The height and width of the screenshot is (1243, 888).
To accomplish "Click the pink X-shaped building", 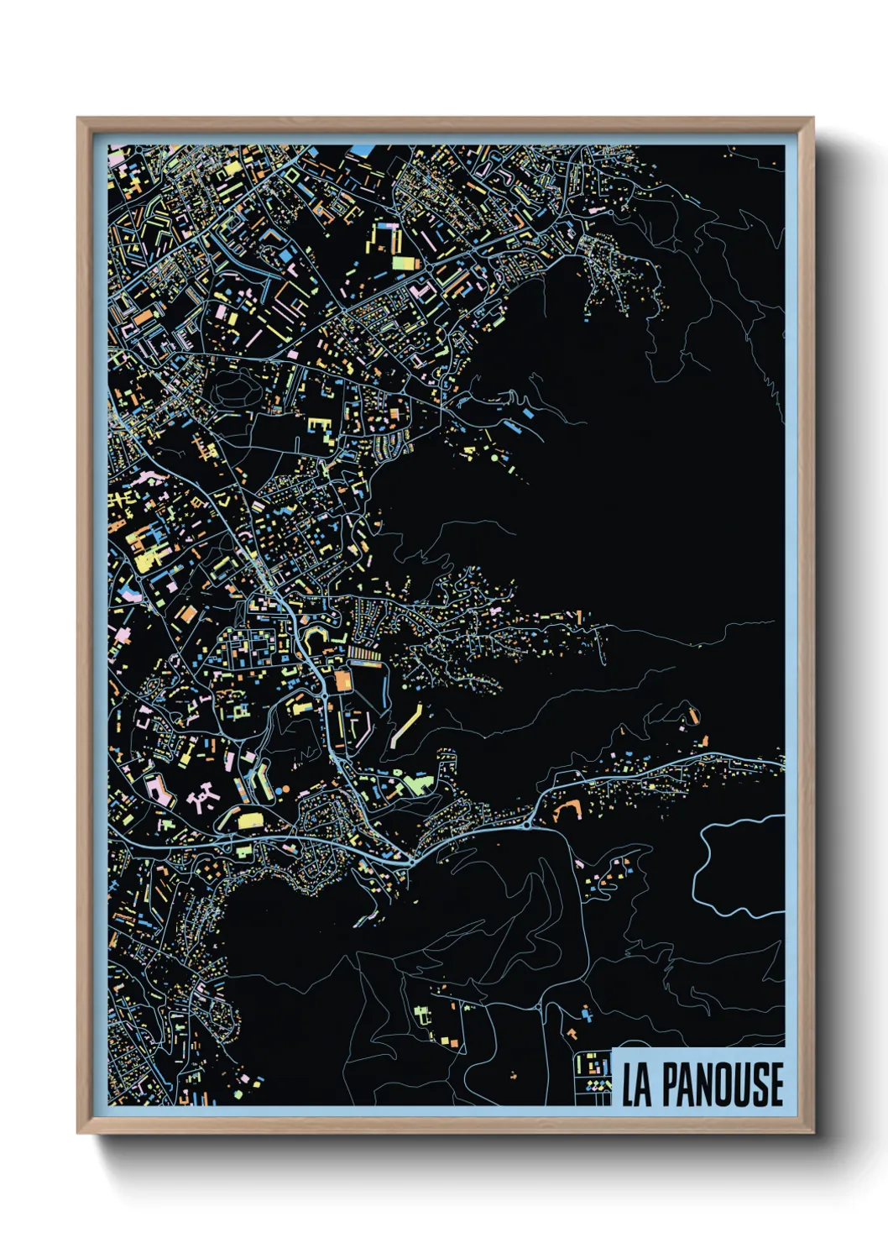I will pos(202,798).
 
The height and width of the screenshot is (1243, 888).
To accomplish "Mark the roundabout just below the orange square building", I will pos(324,696).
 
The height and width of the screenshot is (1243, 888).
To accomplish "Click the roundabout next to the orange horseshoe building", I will pos(526,825).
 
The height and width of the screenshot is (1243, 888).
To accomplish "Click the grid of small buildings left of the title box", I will pos(593,1076).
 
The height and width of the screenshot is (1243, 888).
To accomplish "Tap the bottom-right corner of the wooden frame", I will pos(812,1132).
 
